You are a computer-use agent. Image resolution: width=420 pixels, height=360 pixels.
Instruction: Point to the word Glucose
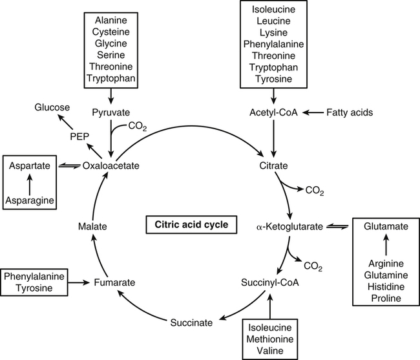pyautogui.click(x=53, y=107)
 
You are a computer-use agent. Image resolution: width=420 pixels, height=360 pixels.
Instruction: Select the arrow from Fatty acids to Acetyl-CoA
pyautogui.click(x=314, y=112)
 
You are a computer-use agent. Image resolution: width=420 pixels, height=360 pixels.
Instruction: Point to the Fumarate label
pyautogui.click(x=114, y=282)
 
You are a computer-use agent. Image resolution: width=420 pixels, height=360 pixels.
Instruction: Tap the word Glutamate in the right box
pyautogui.click(x=385, y=227)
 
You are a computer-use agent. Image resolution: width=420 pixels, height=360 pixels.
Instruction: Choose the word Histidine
pyautogui.click(x=385, y=286)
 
